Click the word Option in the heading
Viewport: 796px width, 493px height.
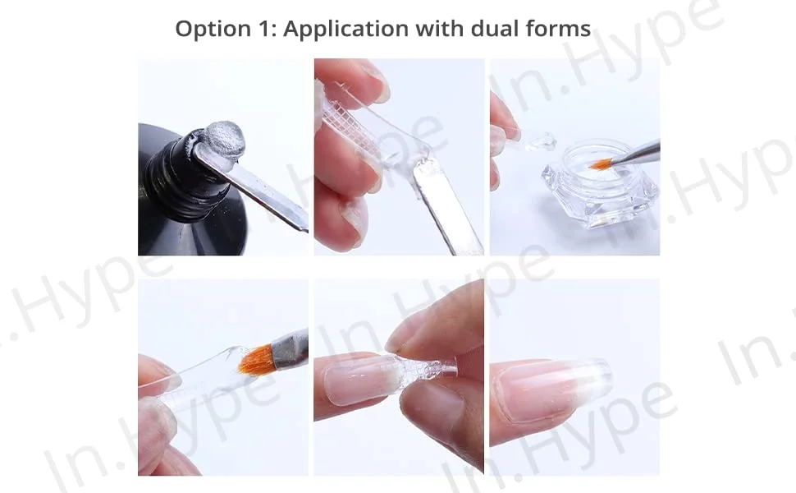(213, 30)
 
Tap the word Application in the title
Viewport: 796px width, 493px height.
(345, 30)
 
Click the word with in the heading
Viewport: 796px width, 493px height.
(439, 29)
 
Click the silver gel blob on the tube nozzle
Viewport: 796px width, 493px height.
(224, 137)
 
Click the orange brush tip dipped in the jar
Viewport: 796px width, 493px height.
(600, 164)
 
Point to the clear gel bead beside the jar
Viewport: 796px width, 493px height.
(541, 142)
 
